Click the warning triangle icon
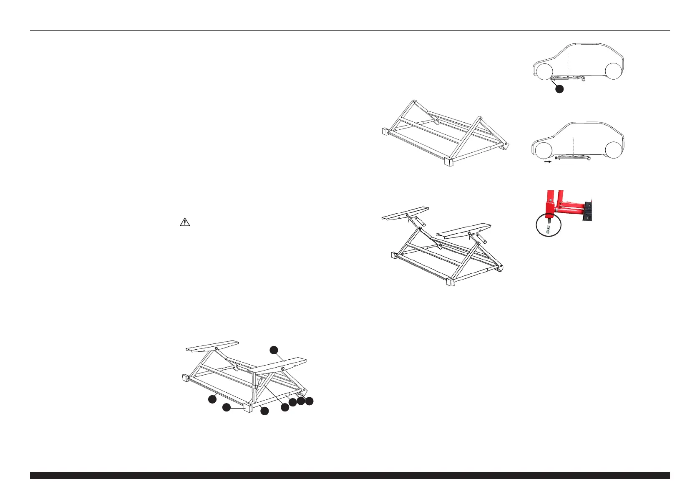coord(184,222)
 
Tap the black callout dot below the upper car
coord(560,88)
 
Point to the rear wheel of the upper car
coord(613,71)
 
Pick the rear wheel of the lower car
coord(612,150)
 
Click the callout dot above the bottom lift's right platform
coord(273,350)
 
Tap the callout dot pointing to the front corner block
coord(226,407)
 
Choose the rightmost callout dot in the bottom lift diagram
coord(309,401)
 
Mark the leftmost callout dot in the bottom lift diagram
coord(212,399)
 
